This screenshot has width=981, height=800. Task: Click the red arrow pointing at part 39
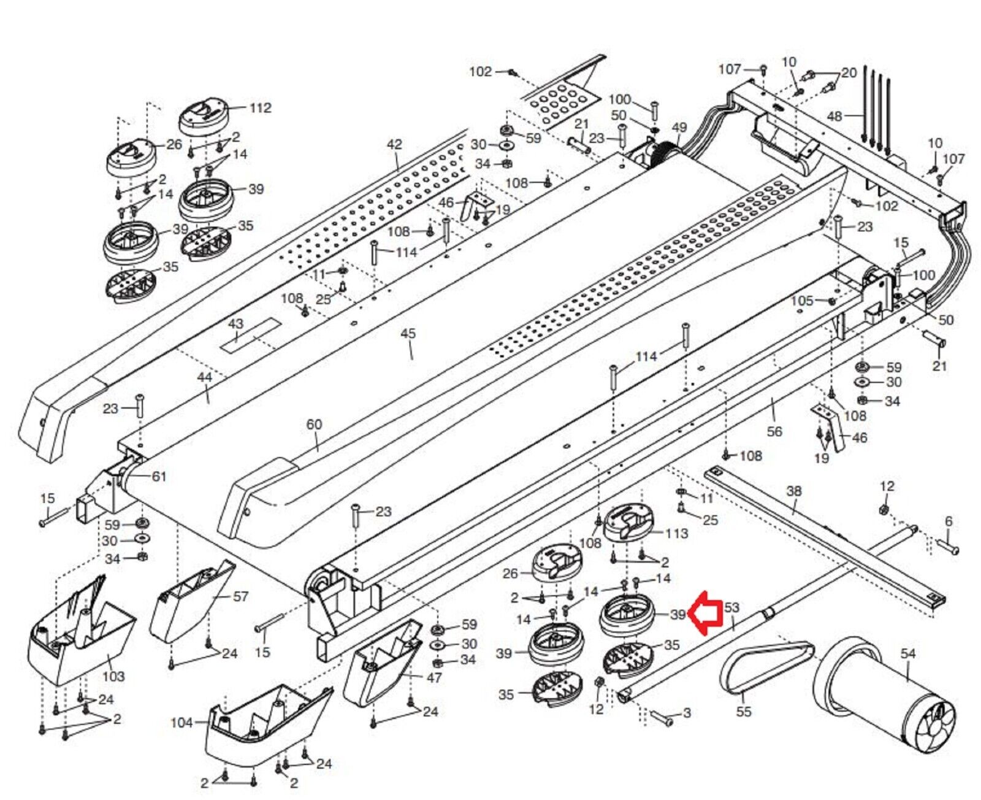[x=704, y=612]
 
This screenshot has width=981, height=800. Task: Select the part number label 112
[x=260, y=108]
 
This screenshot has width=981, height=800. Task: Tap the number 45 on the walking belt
[x=408, y=334]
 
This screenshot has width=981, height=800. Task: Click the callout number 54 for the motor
[x=907, y=654]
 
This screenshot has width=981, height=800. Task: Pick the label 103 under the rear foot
[x=113, y=676]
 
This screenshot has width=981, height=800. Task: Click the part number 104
[x=181, y=723]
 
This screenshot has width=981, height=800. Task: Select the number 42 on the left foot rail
[x=394, y=145]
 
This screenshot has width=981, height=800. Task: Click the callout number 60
[x=314, y=425]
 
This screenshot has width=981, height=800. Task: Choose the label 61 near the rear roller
[x=159, y=476]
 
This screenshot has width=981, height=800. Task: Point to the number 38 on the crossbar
[x=794, y=491]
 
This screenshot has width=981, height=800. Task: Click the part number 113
[x=676, y=533]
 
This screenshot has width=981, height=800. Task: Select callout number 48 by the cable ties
[x=834, y=116]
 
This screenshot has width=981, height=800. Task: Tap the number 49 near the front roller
[x=679, y=128]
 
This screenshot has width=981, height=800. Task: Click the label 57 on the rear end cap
[x=241, y=596]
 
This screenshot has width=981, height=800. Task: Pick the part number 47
[x=433, y=678]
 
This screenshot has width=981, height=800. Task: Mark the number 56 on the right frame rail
[x=774, y=431]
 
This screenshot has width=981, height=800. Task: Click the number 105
[x=802, y=301]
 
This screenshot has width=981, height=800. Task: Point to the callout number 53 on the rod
[x=732, y=607]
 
